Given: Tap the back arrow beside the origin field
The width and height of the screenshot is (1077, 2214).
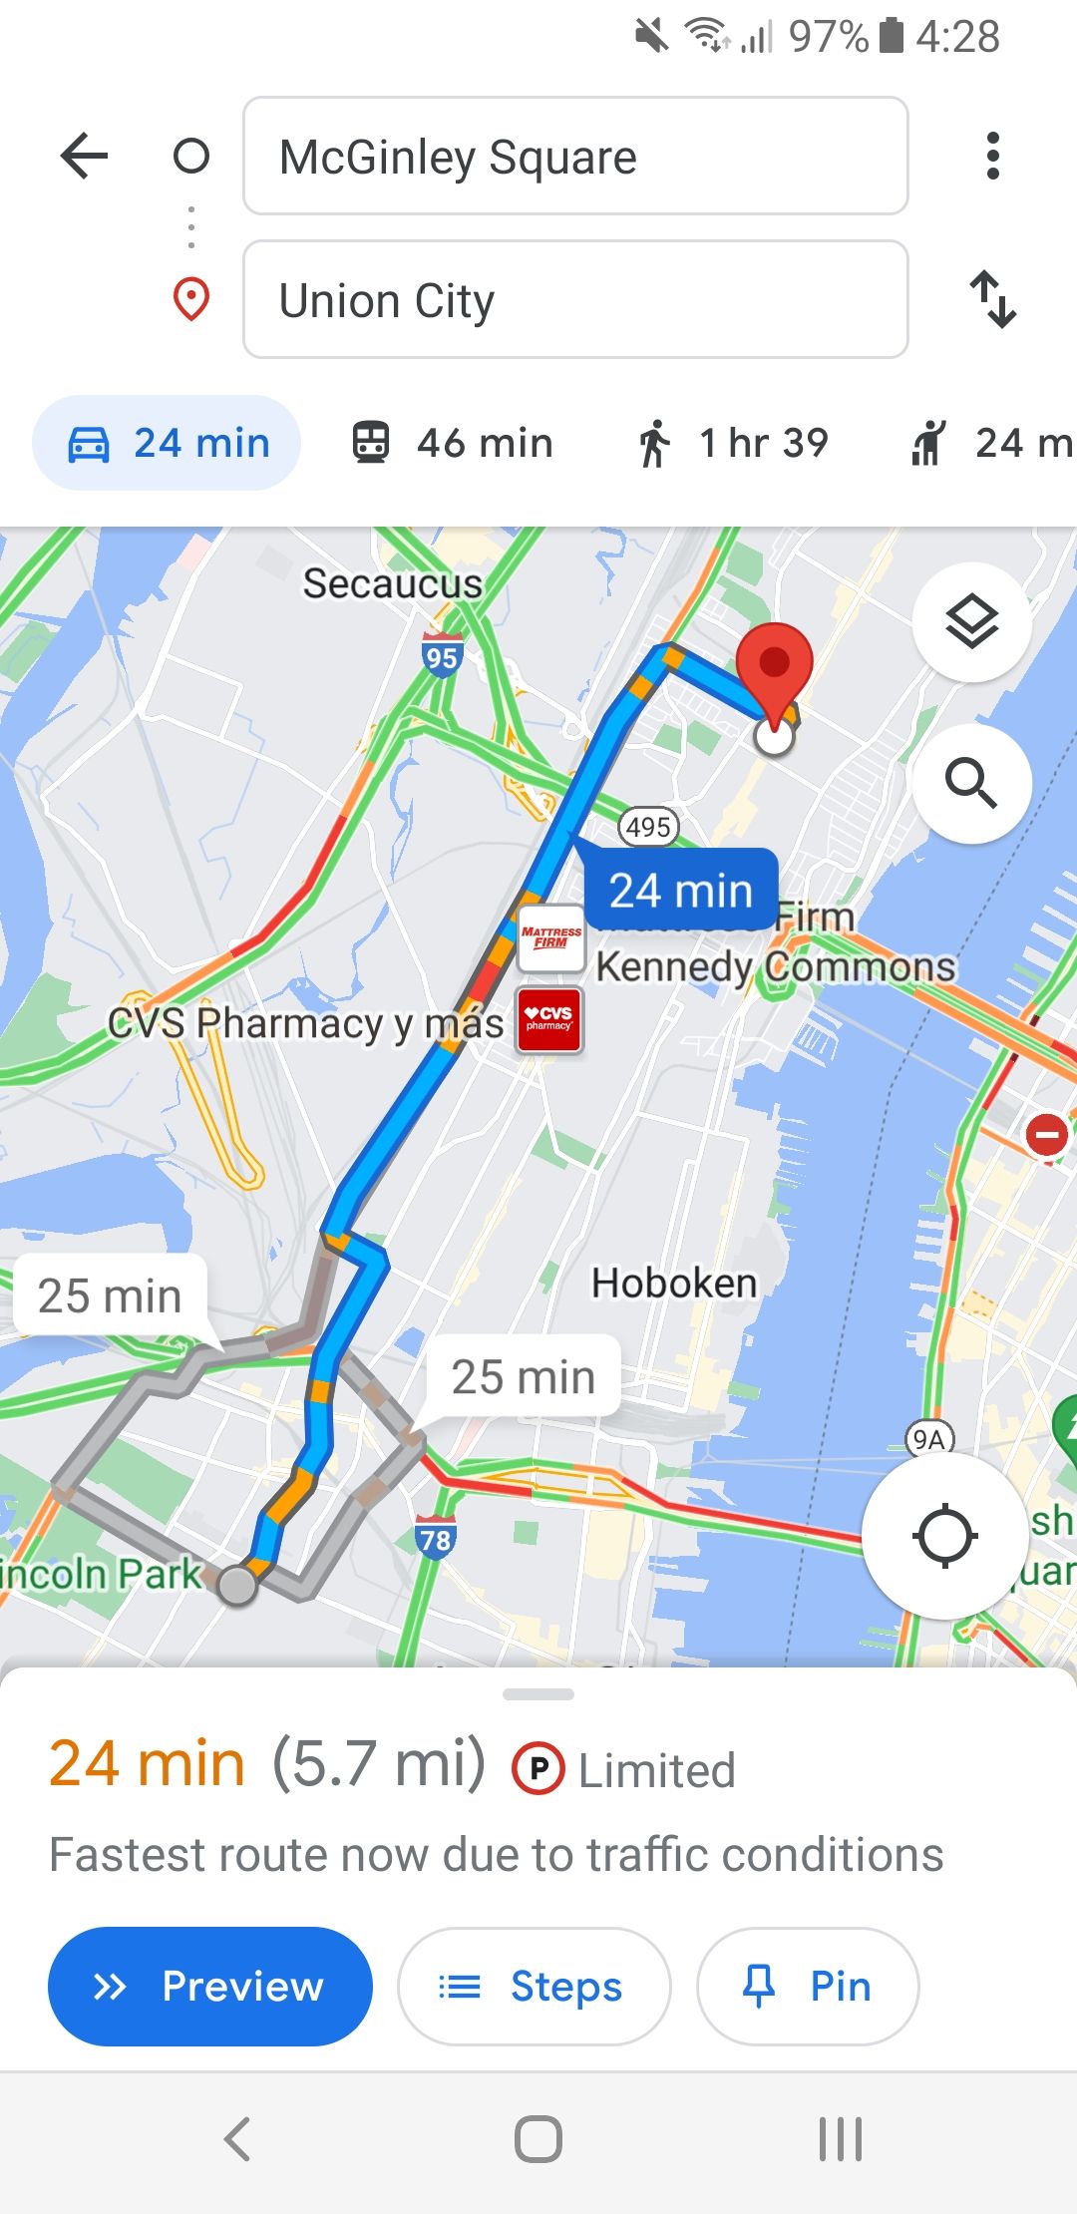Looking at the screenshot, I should (84, 156).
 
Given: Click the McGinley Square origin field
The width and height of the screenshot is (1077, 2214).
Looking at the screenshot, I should (575, 156).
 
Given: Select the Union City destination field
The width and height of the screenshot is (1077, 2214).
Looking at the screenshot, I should (575, 299).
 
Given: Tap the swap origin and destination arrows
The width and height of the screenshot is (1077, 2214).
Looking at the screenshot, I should (993, 299).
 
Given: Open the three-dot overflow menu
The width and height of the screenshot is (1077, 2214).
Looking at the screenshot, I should (992, 156).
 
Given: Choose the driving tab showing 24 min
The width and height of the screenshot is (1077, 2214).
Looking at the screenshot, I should (168, 443).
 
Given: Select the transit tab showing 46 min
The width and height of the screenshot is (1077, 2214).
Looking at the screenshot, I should (454, 443).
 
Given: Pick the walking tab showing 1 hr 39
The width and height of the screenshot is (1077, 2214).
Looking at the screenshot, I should (733, 443).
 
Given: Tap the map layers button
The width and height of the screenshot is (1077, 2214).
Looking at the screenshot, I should (971, 623).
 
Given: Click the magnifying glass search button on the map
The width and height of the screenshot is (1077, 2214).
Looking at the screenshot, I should (971, 783).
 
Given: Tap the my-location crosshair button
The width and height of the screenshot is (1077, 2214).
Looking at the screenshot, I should (944, 1536).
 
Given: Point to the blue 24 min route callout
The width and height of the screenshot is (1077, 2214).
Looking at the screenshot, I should (680, 890).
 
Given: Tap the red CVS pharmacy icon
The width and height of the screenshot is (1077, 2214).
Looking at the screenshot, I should (549, 1019).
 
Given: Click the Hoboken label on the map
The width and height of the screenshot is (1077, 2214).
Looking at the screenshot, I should (674, 1283).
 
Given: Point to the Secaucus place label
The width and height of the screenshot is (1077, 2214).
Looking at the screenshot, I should (392, 583).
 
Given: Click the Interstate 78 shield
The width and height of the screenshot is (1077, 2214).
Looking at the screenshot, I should (436, 1539).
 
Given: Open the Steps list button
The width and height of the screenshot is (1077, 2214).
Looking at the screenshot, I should (534, 1987).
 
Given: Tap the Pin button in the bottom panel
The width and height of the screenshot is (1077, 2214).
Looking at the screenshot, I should (808, 1987).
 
